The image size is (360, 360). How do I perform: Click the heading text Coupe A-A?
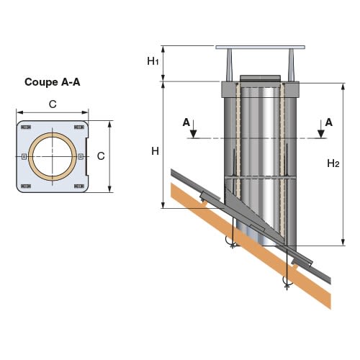[x=53, y=82]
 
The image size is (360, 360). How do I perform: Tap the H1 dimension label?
[x=153, y=61]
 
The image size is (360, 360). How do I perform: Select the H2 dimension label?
[x=333, y=163]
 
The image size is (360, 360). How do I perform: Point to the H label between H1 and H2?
[x=155, y=151]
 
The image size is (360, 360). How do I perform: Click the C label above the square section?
[x=53, y=104]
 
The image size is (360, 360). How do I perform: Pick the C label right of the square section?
[x=101, y=156]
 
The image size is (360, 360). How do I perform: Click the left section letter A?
[x=186, y=122]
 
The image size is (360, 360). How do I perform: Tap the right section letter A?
[x=329, y=122]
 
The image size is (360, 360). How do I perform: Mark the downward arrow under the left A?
[x=194, y=129]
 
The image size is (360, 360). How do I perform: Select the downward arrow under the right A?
[x=321, y=129]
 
